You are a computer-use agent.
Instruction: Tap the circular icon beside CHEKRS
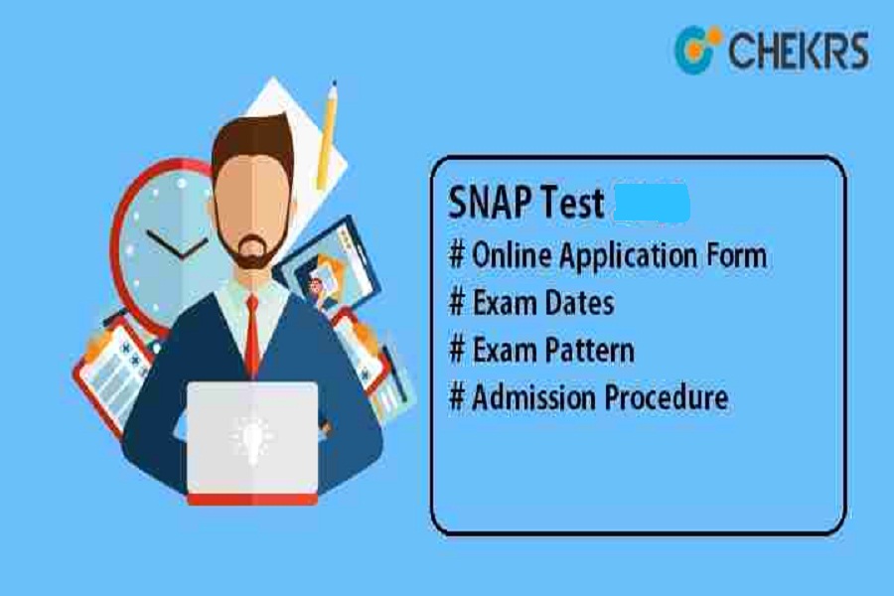pyautogui.click(x=696, y=49)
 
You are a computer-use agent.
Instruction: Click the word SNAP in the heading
pyautogui.click(x=491, y=203)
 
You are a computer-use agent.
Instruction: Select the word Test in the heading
pyautogui.click(x=572, y=203)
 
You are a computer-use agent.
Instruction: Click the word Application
pyautogui.click(x=628, y=256)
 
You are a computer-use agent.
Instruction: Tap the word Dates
pyautogui.click(x=579, y=302)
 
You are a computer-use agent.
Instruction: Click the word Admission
pyautogui.click(x=534, y=397)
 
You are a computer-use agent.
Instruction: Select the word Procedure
pyautogui.click(x=666, y=397)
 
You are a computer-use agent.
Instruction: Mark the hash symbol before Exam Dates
pyautogui.click(x=457, y=302)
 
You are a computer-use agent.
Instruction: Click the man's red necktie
pyautogui.click(x=251, y=336)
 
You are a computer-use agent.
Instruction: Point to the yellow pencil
pyautogui.click(x=327, y=135)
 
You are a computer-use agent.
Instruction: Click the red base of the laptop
pyautogui.click(x=252, y=500)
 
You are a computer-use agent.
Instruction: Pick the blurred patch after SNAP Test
pyautogui.click(x=652, y=203)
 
